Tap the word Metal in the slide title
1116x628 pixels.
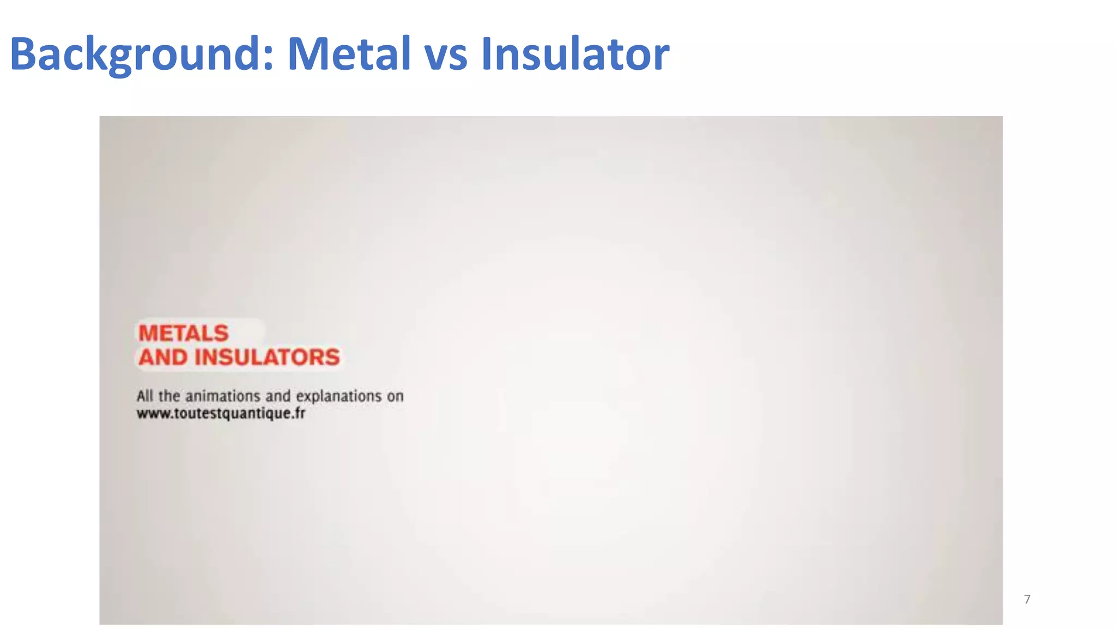point(349,53)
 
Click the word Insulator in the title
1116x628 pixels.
point(574,53)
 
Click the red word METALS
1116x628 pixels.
point(183,333)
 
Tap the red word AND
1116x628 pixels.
point(162,358)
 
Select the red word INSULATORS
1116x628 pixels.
point(267,358)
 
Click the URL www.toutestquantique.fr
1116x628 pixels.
point(221,414)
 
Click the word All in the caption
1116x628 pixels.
point(144,396)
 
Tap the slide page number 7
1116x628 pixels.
point(1027,600)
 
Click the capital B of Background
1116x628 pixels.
point(23,53)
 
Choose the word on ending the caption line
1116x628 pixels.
point(395,396)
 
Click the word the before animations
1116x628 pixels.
point(169,396)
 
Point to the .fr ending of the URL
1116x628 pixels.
point(299,413)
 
